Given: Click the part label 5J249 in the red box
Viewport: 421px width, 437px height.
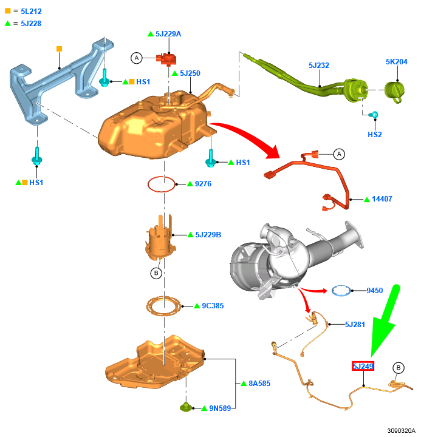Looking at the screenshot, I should click(363, 366).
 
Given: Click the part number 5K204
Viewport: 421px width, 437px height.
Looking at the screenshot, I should click(397, 62).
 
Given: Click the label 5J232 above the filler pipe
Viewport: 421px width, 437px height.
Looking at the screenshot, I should click(319, 65).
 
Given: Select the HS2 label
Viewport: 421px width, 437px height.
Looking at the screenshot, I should click(375, 134).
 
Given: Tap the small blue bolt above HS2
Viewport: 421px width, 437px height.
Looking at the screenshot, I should click(375, 115).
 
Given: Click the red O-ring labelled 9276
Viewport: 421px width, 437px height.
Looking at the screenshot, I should click(160, 183).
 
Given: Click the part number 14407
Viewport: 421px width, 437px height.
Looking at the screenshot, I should click(382, 199).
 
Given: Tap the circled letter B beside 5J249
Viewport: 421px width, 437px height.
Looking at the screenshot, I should click(399, 368).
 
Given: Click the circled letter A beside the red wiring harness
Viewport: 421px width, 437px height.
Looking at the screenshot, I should click(339, 154).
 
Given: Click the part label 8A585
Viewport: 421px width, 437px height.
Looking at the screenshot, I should click(259, 384).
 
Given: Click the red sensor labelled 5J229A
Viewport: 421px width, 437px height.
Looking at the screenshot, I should click(166, 58).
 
